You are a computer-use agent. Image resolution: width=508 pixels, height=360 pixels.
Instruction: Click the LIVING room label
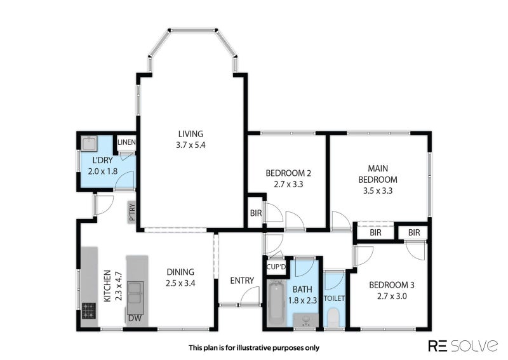point(190,133)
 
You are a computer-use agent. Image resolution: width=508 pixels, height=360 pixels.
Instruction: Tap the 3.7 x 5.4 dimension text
point(190,145)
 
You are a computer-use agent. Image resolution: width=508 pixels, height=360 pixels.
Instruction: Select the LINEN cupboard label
point(126,142)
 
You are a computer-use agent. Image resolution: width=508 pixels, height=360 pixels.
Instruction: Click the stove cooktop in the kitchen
point(89,310)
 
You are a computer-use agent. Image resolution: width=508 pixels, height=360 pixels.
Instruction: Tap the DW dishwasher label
point(135,317)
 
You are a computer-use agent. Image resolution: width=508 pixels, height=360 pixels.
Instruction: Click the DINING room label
point(180,272)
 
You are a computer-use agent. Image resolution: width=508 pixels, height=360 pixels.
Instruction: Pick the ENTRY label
point(242,281)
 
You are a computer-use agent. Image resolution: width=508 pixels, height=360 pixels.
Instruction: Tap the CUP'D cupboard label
point(276,267)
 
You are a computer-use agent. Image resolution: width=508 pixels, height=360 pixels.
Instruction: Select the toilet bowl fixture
point(333,317)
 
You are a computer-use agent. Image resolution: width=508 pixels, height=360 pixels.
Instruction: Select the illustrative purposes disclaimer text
point(253,347)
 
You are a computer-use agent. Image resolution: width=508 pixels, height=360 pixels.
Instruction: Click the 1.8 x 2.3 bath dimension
point(302,301)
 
